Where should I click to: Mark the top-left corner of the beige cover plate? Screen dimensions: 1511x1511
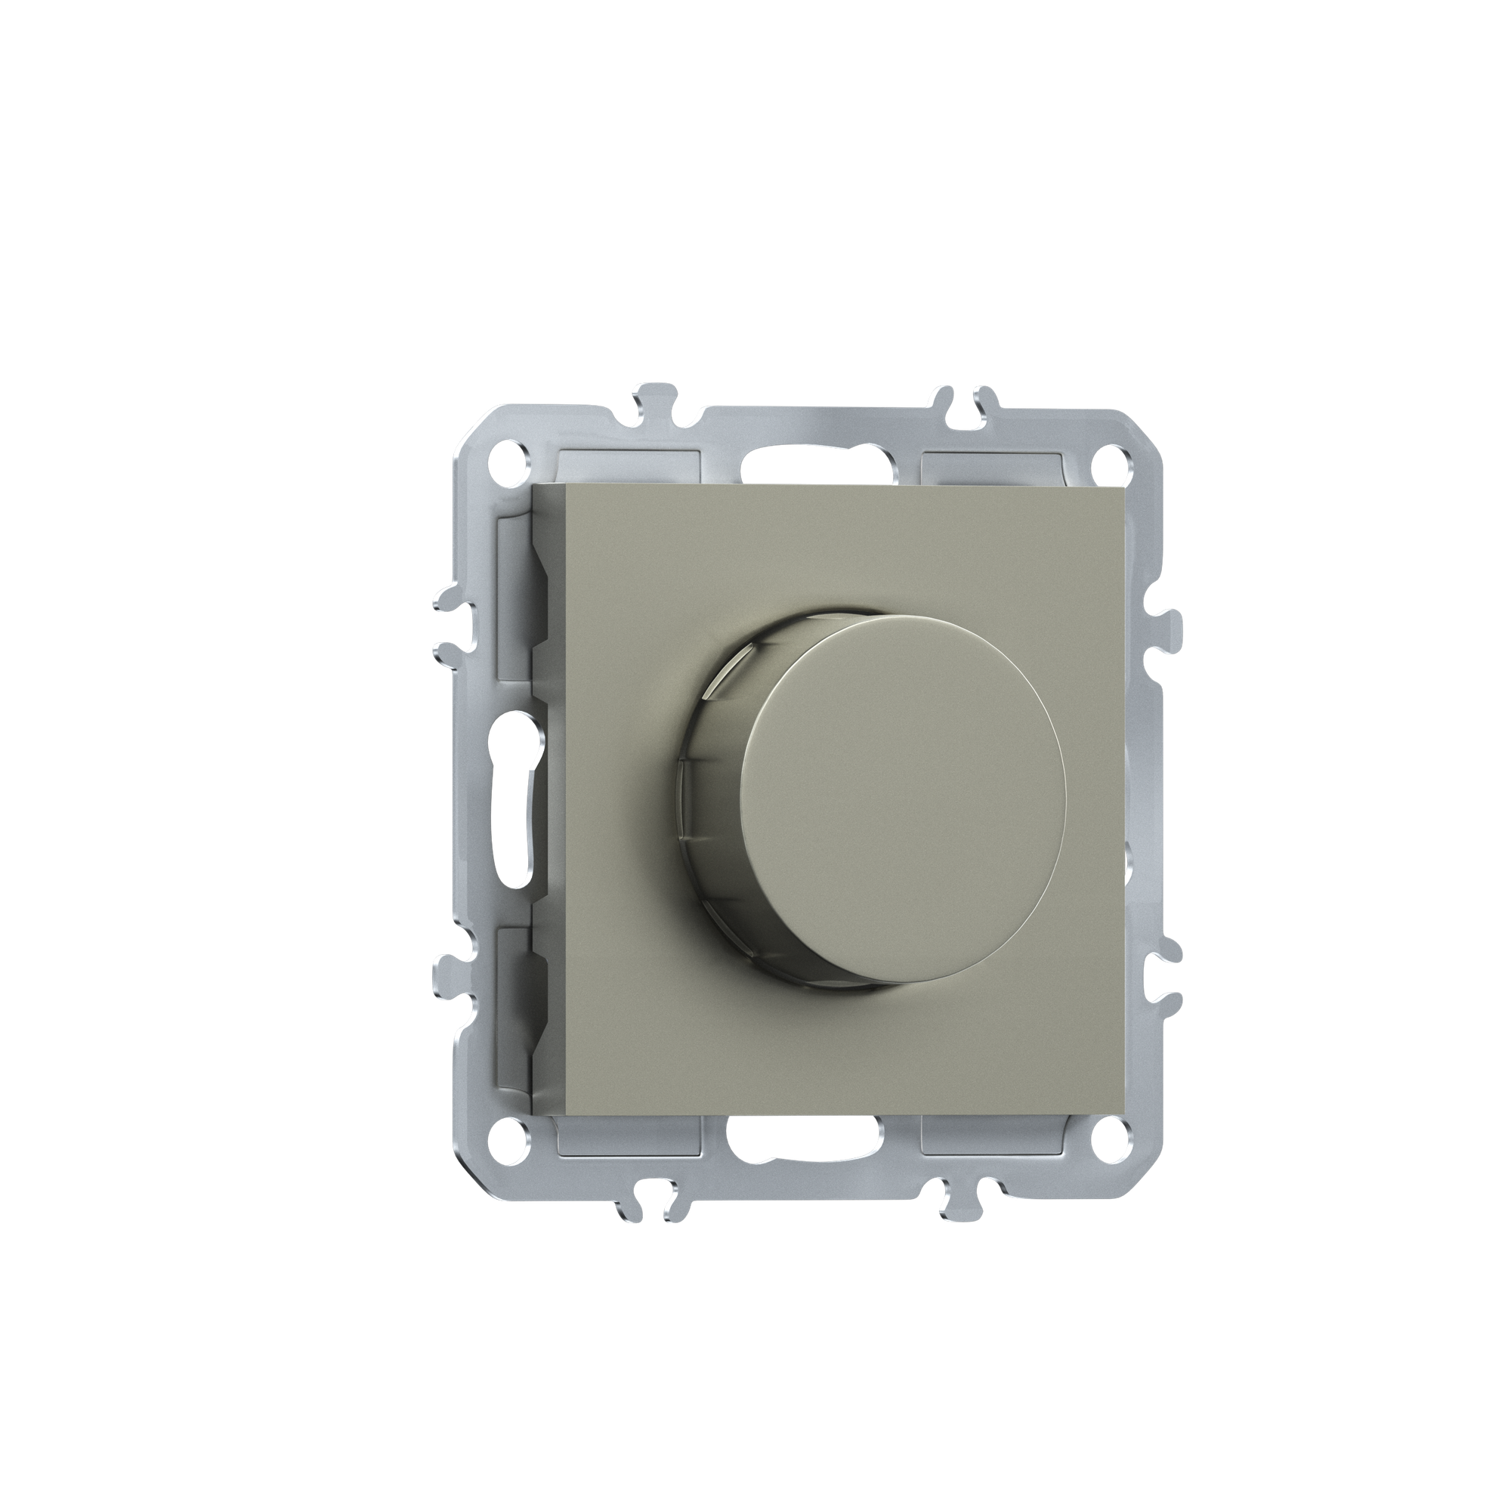click(x=533, y=486)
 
